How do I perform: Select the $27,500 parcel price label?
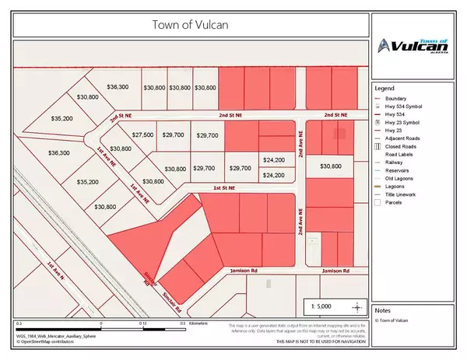pyautogui.click(x=142, y=135)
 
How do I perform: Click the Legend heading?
pyautogui.click(x=387, y=87)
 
